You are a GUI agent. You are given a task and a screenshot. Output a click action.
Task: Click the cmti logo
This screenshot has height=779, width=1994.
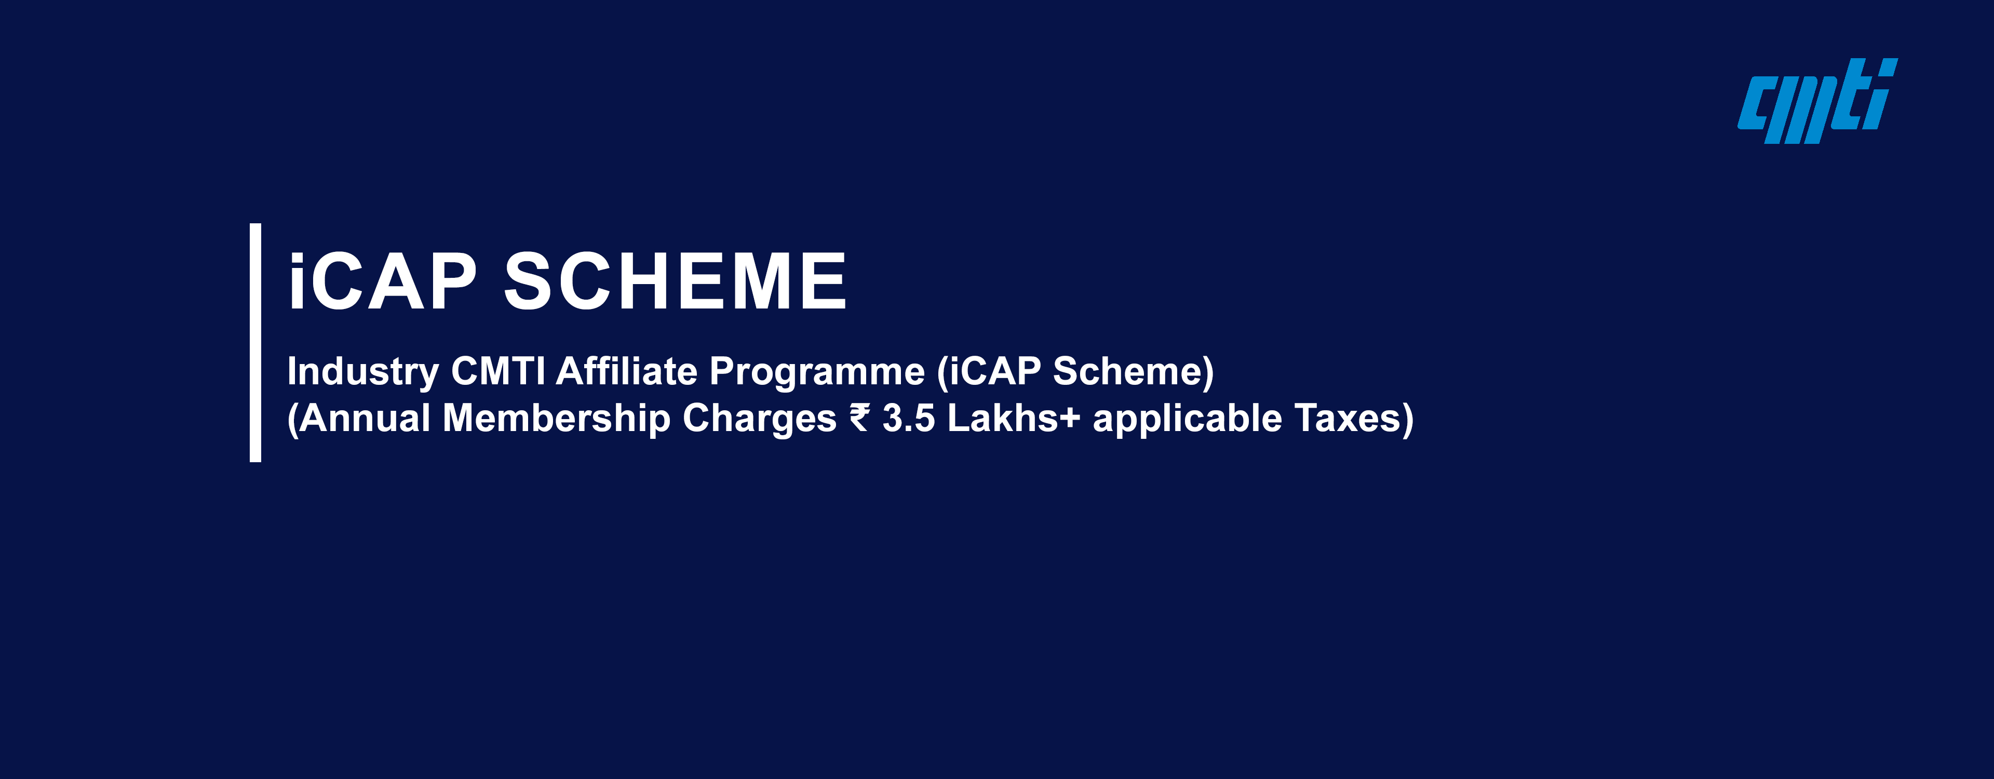[1817, 101]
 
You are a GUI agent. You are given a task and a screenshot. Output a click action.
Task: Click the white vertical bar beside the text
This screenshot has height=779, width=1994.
[255, 342]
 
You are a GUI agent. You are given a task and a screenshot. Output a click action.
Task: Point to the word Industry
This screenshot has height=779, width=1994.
[363, 372]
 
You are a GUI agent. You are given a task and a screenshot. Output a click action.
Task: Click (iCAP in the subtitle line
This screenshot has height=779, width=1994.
[989, 372]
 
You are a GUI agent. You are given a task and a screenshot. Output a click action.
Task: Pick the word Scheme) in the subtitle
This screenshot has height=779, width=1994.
[1133, 372]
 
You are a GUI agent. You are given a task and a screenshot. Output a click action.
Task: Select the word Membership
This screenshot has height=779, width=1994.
[556, 418]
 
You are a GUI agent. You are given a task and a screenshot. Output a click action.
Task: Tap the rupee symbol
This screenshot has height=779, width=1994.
[860, 418]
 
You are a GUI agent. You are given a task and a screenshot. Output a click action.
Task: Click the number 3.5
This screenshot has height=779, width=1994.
[909, 418]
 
